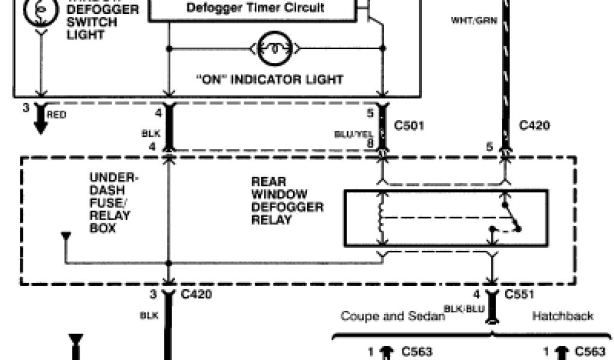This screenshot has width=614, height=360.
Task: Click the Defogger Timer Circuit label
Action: tap(255, 8)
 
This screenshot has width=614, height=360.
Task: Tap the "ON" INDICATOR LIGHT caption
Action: tap(270, 79)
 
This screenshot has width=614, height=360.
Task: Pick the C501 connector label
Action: tap(410, 126)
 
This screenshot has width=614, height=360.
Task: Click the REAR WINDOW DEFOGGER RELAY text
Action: tap(287, 200)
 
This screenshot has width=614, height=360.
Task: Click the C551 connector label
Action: tap(520, 295)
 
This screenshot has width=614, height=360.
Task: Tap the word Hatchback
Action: tap(562, 316)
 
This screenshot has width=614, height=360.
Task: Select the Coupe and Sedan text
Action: tap(393, 316)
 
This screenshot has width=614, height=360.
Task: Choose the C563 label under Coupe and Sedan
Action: tap(417, 352)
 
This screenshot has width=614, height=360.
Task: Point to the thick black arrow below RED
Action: tap(41, 121)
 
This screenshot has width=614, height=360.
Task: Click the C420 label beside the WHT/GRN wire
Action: tap(534, 126)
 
